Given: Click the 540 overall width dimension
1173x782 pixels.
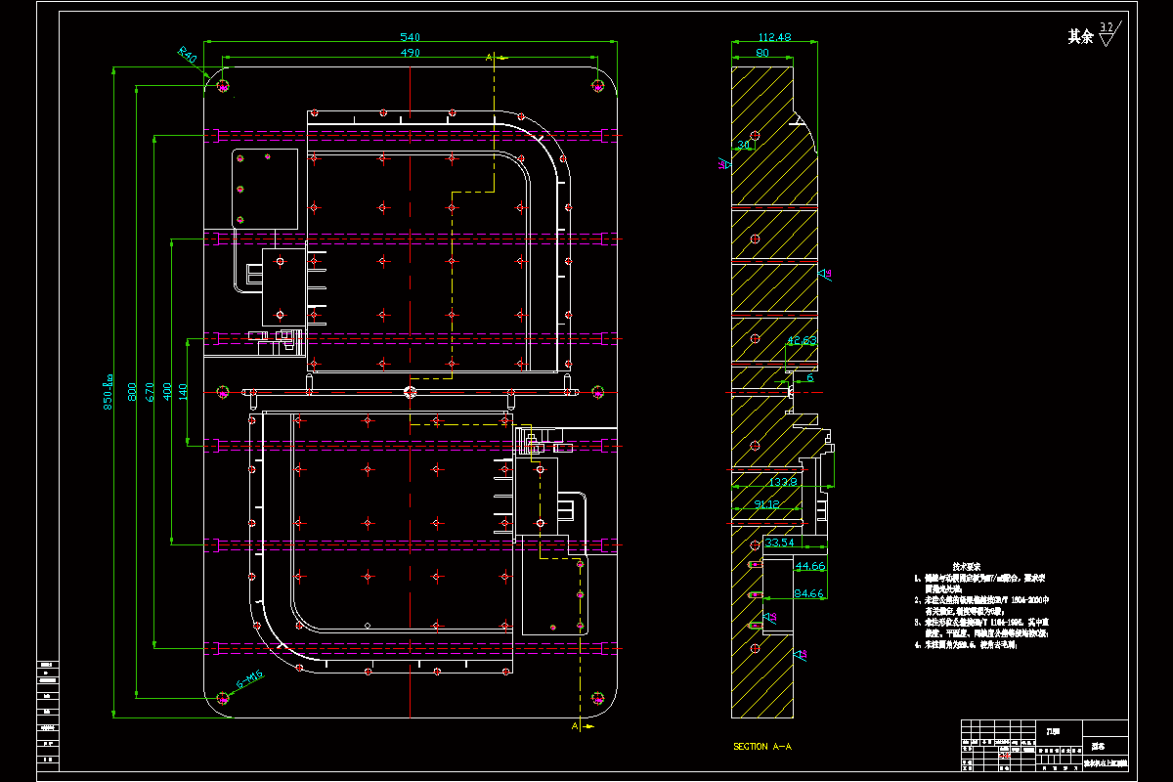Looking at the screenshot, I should [411, 37].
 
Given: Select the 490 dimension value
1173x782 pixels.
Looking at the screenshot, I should [411, 53].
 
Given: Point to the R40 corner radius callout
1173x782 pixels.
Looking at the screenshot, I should [187, 55].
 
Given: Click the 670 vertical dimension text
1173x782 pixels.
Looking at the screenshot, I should [149, 391].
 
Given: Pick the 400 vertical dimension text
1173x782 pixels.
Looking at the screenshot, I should [167, 391].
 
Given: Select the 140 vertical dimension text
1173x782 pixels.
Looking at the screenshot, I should [183, 391].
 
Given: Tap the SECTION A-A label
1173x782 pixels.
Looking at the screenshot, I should [761, 747].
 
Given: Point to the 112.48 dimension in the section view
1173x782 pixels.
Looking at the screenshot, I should [773, 37].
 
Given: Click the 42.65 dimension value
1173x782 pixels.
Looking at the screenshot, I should [802, 340].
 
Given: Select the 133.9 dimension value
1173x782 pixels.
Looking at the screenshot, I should [782, 481].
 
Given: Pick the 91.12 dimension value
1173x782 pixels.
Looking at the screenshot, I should [766, 504].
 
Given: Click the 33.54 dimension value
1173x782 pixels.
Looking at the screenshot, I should [779, 542].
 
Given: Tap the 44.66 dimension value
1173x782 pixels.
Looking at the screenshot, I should [810, 566].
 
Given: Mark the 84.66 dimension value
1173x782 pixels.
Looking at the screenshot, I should [810, 592].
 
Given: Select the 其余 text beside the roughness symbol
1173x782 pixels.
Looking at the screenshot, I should [1079, 37].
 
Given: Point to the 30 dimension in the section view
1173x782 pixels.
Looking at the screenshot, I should [744, 145].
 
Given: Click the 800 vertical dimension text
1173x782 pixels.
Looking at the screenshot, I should [132, 391].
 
